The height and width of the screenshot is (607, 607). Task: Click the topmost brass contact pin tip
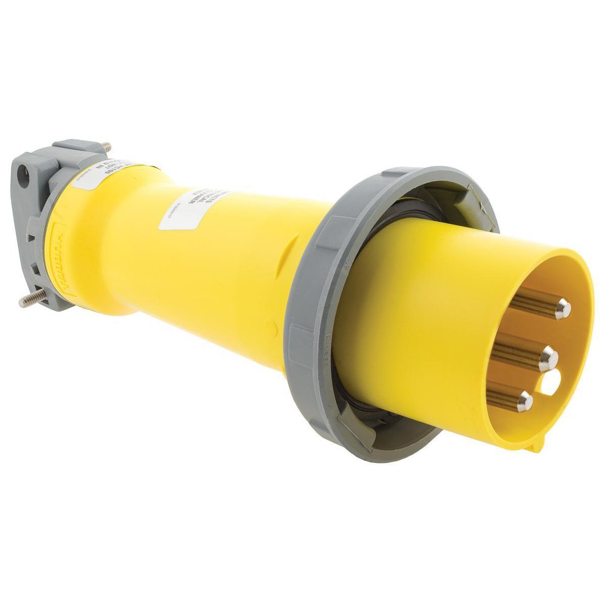click(x=562, y=308)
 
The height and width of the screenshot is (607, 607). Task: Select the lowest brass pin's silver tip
click(x=524, y=401)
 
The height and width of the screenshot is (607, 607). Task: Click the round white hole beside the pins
click(x=551, y=382)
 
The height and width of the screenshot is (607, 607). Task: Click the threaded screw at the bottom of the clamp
click(x=33, y=298)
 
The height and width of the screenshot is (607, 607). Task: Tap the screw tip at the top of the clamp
click(x=107, y=147)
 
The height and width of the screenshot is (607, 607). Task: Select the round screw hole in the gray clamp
click(x=24, y=179)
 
